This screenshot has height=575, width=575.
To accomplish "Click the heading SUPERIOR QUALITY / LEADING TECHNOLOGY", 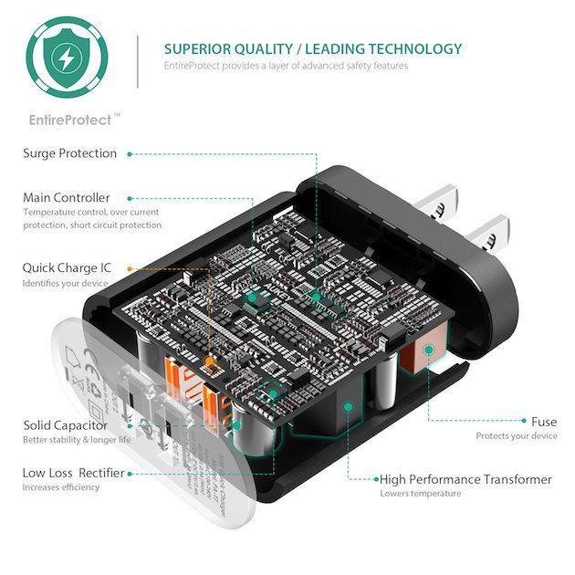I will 312,49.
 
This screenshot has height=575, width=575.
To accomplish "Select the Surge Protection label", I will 69,153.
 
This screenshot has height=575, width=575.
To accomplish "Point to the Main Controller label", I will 66,197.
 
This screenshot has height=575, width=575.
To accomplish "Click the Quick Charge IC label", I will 67,268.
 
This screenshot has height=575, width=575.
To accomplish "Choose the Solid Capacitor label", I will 65,425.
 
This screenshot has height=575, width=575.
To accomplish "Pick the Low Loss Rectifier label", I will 73,473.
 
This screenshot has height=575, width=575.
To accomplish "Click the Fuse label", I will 544,422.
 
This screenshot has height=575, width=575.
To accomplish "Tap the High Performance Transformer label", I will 465,479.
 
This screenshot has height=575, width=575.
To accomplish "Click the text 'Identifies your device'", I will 65,284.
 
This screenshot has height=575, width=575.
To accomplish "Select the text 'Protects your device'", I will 516,436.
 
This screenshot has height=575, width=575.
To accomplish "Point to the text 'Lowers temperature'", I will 420,494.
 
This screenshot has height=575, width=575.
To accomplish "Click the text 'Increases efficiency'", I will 62,487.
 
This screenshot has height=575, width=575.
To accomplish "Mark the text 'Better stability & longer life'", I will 78,440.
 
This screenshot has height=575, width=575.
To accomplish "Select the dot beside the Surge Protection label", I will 131,153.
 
